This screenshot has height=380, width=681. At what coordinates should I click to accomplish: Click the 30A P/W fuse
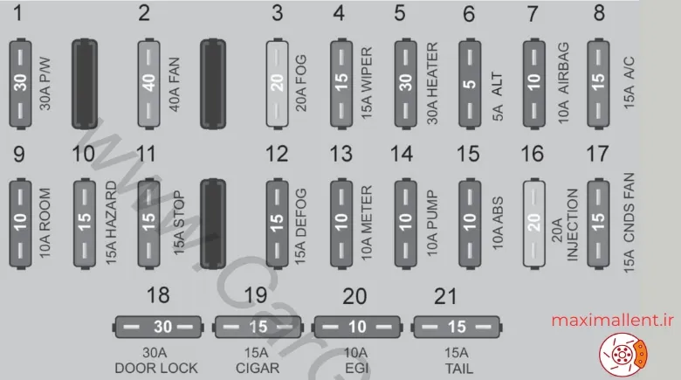click(x=20, y=84)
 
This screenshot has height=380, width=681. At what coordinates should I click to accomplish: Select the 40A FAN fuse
click(x=148, y=84)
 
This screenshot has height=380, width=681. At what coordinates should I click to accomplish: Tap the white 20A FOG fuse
click(x=277, y=84)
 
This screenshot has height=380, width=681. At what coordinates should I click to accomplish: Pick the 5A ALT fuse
click(x=470, y=84)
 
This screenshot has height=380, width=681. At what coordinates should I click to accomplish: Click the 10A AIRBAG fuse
click(x=533, y=84)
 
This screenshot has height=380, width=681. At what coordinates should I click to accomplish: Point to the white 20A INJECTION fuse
click(x=533, y=224)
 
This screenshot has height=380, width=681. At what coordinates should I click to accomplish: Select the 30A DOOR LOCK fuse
click(x=158, y=327)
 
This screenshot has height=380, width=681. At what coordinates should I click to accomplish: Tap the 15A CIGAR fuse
click(x=258, y=327)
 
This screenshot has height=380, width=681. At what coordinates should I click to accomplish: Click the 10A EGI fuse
click(x=356, y=327)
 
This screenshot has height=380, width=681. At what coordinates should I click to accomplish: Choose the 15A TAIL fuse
click(x=456, y=327)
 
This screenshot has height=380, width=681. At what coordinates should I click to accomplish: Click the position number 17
click(x=597, y=154)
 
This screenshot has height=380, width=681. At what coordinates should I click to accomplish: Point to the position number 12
click(x=277, y=154)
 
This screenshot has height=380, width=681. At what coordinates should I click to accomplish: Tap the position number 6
click(x=469, y=14)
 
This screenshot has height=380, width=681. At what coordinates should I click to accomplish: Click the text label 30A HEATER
click(x=432, y=84)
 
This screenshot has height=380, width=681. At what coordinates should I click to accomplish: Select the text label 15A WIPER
click(x=367, y=84)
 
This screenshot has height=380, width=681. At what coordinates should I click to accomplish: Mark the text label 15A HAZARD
click(x=111, y=224)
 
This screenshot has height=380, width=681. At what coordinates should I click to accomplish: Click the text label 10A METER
click(x=367, y=224)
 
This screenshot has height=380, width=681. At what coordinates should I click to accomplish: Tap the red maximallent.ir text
click(x=612, y=321)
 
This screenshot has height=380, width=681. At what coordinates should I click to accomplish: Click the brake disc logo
click(x=623, y=355)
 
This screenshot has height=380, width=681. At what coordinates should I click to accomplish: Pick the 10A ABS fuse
click(x=470, y=224)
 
